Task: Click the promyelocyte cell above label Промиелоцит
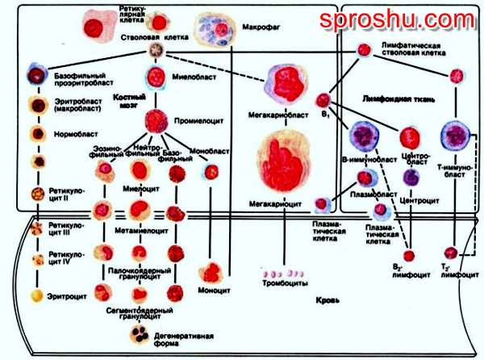157,119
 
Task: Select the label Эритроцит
71,296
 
